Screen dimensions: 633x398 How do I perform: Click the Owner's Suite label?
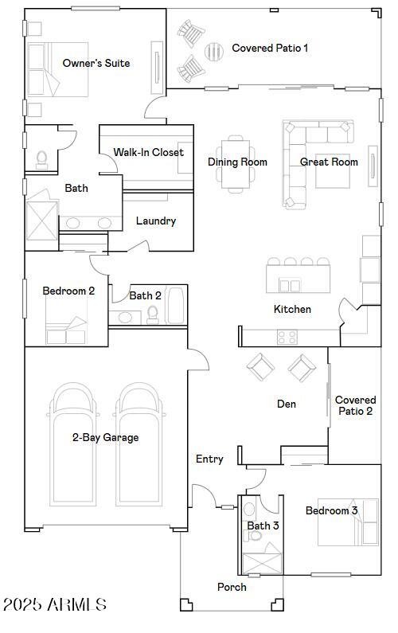coord(96,63)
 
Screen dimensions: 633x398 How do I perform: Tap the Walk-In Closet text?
coord(148,152)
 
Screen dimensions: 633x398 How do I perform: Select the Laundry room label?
coord(155,221)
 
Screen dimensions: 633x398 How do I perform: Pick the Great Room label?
coord(329,162)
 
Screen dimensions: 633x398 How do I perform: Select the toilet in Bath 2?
coord(153,315)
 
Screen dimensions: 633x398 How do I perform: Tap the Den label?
coord(287,404)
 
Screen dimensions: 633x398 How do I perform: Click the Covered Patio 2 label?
coord(355,405)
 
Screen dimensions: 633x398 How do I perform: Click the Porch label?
coord(232,587)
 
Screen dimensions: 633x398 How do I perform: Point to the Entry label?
coord(209,459)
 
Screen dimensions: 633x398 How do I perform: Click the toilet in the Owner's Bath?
coord(41,160)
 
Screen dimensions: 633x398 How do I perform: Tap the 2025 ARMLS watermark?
coord(55,605)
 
